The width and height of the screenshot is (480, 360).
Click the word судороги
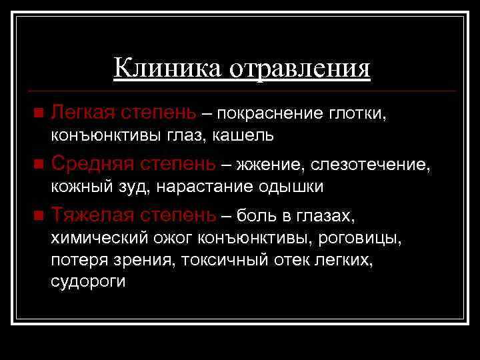(88, 282)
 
